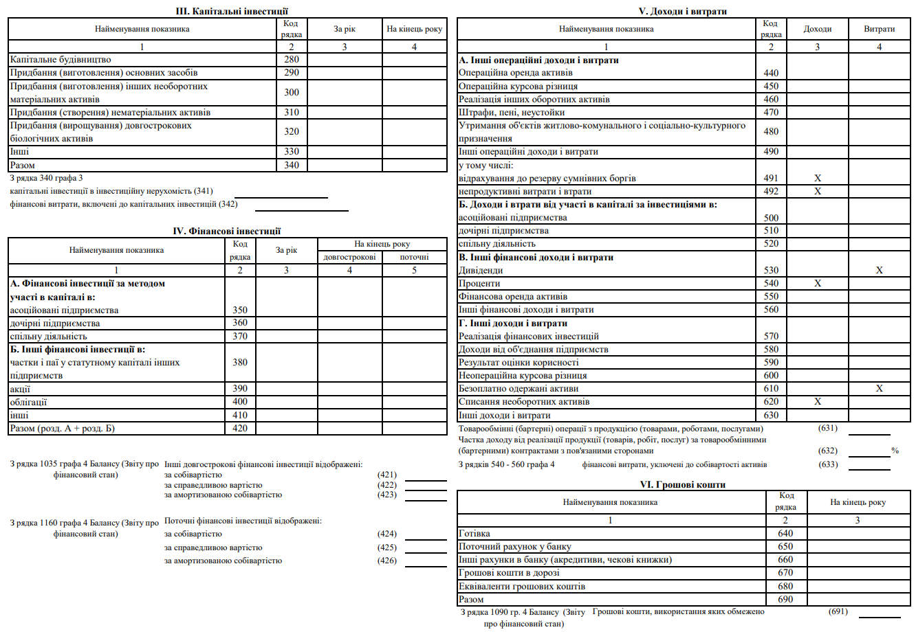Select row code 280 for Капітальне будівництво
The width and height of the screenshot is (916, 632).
tap(292, 59)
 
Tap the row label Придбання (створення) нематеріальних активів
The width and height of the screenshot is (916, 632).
tap(111, 112)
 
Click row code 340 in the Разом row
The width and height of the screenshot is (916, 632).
tap(292, 165)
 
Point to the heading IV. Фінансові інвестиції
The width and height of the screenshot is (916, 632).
tap(227, 231)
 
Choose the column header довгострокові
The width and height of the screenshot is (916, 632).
tap(349, 257)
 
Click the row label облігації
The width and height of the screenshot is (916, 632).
tap(29, 402)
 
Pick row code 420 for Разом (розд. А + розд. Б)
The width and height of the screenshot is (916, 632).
tap(240, 428)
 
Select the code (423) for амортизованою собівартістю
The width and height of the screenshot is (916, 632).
tap(387, 495)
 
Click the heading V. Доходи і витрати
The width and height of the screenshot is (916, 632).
tap(683, 11)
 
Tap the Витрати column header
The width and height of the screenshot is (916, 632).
tap(880, 29)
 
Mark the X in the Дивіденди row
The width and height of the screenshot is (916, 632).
tap(880, 270)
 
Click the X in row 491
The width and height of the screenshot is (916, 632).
tap(818, 178)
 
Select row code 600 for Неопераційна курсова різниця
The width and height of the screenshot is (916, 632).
tap(771, 375)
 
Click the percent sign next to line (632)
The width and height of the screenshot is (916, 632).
tap(895, 451)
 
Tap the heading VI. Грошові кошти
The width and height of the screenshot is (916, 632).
tap(683, 484)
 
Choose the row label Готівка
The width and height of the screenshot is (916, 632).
tap(475, 533)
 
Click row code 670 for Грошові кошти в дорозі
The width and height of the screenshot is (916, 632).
tap(785, 572)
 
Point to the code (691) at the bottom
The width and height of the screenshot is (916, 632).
tap(838, 611)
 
